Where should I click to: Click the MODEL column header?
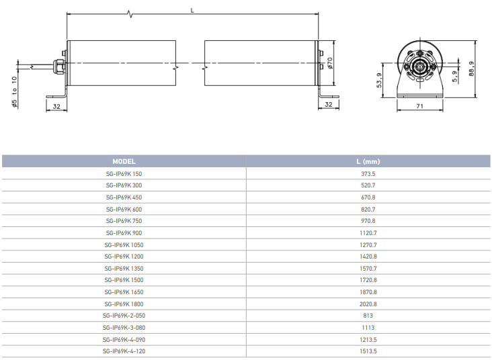point(124,161)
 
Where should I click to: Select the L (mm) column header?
point(368,161)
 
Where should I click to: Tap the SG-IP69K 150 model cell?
point(124,174)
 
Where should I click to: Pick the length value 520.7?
point(368,185)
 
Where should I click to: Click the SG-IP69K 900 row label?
point(124,233)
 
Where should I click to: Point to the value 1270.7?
point(368,245)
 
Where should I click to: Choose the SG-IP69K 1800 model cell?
point(124,304)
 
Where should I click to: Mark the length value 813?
point(368,316)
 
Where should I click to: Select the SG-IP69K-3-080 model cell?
point(124,328)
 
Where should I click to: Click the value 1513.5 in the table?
point(368,351)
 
